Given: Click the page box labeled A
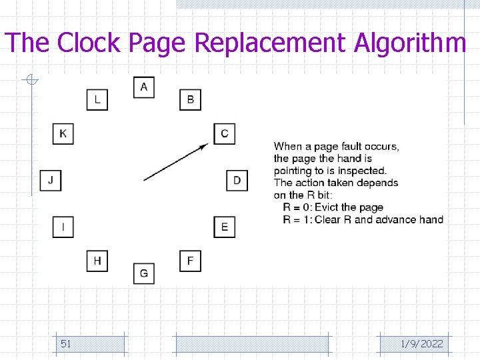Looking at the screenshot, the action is tap(144, 87).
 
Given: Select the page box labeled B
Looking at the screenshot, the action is tap(191, 100).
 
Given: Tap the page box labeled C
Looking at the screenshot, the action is tap(224, 133).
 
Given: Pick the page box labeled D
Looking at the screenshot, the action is tap(237, 181).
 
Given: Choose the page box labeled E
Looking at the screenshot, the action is tap(224, 227).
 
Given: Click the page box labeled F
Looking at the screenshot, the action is tap(191, 260).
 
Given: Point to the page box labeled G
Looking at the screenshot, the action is tap(144, 273).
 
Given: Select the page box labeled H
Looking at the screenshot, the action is tap(97, 260).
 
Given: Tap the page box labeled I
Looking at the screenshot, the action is tap(63, 227).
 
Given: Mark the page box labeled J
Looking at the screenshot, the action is tap(51, 181).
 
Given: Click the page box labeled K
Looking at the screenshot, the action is tap(63, 133).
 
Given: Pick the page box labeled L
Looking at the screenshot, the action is tap(97, 100).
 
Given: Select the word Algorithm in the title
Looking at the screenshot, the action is tap(409, 43).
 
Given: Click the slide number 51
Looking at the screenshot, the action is tap(66, 344).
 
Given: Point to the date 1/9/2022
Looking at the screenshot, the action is tap(421, 344).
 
